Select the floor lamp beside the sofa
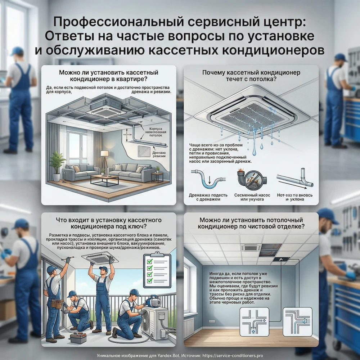(x=105, y=158)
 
